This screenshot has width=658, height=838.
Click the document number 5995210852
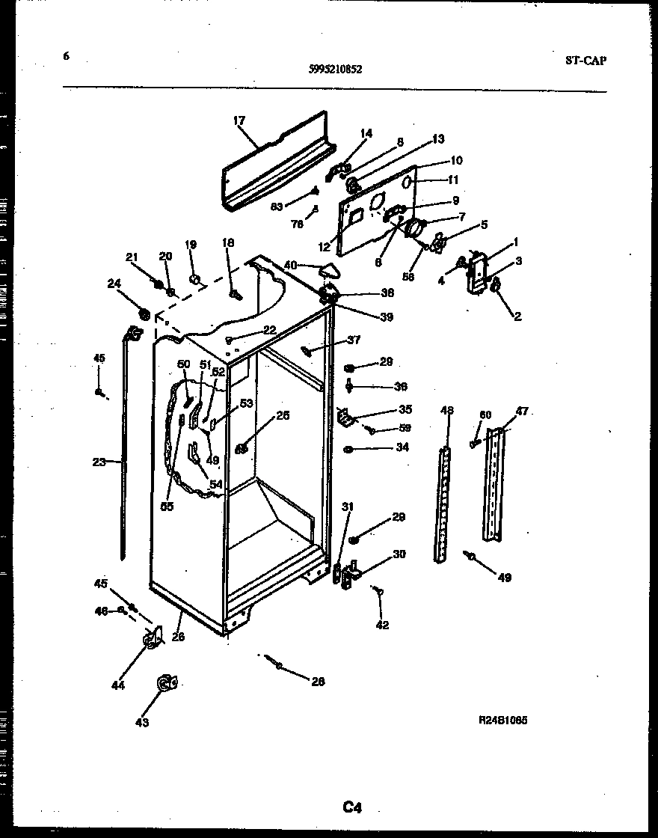335,70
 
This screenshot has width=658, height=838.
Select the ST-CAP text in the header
585,61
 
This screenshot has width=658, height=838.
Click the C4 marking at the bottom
352,807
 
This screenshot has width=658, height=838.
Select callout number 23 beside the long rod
99,462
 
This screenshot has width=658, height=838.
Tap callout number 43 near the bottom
142,722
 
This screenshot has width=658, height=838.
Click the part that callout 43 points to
165,682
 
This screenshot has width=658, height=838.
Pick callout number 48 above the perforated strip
447,410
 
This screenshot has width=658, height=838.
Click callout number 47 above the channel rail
522,411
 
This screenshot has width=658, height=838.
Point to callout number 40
291,264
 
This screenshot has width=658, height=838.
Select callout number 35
405,409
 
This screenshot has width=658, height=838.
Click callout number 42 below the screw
382,625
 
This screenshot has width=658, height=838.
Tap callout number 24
114,283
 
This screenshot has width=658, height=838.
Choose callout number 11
453,180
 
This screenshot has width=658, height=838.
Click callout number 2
517,316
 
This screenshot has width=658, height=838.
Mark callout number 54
215,485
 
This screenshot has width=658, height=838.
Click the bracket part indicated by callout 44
153,639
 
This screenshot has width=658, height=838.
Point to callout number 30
399,554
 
